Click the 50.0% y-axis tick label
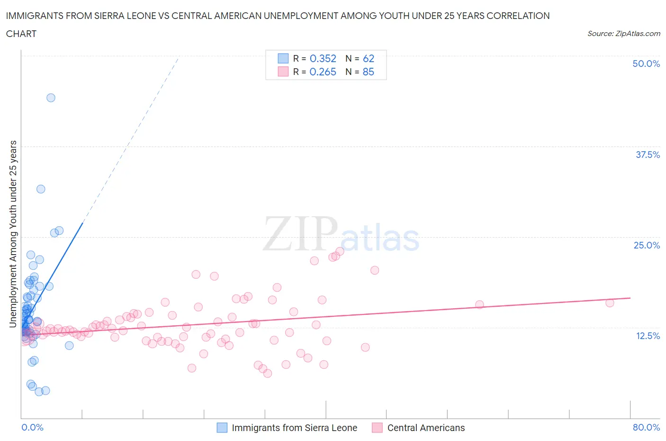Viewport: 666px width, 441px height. click(646, 64)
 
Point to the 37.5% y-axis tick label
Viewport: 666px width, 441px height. click(648, 155)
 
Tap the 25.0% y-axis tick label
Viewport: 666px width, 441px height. click(647, 245)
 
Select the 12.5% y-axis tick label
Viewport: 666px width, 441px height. click(648, 336)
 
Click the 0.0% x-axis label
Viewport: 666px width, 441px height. click(32, 427)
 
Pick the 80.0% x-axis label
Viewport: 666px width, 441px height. click(646, 427)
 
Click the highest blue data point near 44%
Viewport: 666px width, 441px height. click(51, 98)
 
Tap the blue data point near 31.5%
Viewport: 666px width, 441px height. click(41, 189)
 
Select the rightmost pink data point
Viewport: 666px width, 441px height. click(610, 303)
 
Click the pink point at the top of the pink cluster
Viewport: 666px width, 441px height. click(340, 251)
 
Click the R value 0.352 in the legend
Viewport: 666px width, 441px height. click(323, 58)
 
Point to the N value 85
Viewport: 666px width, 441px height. click(368, 72)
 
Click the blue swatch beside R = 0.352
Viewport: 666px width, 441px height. click(283, 58)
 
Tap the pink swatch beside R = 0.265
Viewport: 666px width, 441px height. click(283, 72)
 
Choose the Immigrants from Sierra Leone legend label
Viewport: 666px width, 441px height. click(294, 428)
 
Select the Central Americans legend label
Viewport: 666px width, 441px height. click(426, 428)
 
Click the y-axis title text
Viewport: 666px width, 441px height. click(13, 234)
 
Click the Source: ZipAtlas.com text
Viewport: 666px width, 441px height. click(623, 34)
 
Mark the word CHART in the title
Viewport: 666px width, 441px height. click(21, 34)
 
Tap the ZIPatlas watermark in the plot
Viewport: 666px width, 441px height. click(341, 235)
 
